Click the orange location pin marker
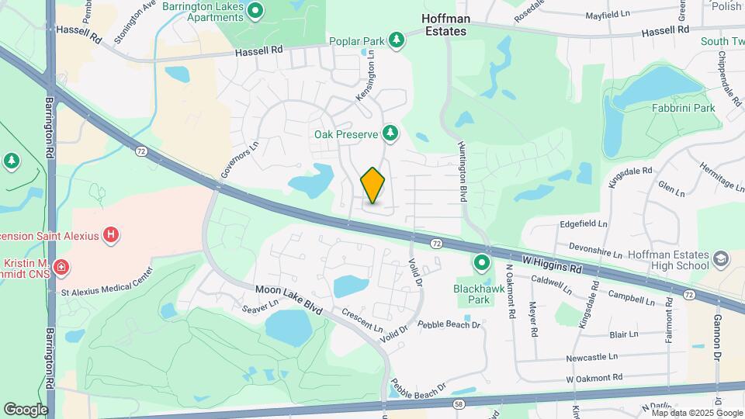click(x=373, y=185)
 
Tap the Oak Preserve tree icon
click(x=390, y=134)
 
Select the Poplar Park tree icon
click(x=397, y=40)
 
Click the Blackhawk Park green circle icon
click(x=482, y=264)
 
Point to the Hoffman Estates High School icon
click(x=721, y=258)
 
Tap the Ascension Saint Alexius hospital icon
click(x=111, y=233)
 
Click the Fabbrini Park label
click(x=683, y=109)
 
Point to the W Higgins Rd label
click(x=552, y=266)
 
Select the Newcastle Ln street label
click(x=591, y=357)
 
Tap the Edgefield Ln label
click(x=584, y=223)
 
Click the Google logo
click(x=26, y=409)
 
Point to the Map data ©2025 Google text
click(x=689, y=413)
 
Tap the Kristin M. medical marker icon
click(x=61, y=268)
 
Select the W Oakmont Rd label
click(x=594, y=377)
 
